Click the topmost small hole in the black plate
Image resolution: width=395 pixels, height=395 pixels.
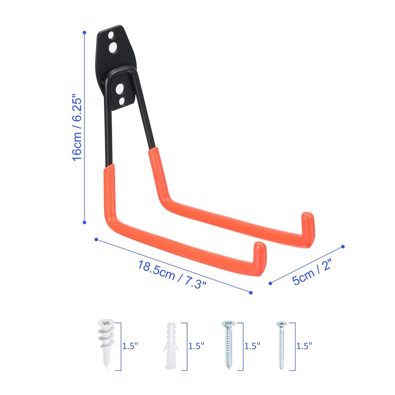coord(111,35)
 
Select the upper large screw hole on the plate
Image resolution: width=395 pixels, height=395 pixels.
coord(114,48)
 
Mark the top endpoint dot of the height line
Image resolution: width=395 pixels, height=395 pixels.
coord(84,33)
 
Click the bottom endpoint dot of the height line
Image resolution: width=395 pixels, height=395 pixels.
coord(84,222)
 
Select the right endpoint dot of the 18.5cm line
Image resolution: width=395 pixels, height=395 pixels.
coord(251,293)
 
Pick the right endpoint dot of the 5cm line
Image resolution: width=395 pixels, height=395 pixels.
coord(343,246)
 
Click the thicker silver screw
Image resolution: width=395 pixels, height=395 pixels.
coord(228,343)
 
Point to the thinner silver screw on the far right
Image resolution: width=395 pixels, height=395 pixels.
coord(281,344)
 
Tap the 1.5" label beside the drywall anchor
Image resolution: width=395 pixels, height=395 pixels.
coord(130,346)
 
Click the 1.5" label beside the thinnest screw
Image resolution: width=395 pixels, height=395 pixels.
coord(304,346)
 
